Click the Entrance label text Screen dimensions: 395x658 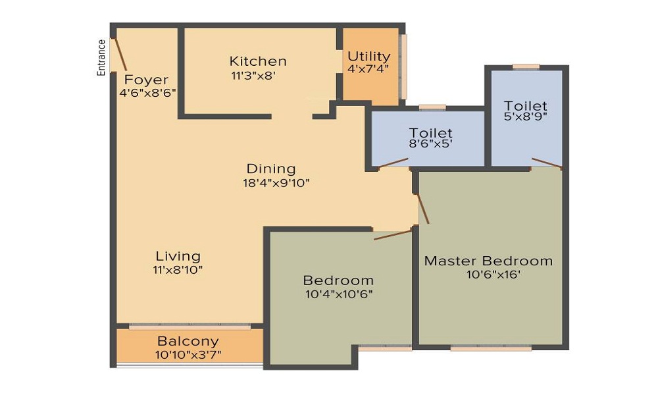[101, 58]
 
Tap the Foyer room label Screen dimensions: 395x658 [146, 80]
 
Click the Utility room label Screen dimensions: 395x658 [368, 56]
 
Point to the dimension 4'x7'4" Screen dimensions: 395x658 [368, 68]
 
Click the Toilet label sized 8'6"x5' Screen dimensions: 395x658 [430, 134]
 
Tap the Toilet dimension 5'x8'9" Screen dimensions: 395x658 [526, 118]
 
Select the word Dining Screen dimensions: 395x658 [271, 169]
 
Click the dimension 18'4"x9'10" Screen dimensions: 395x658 [276, 183]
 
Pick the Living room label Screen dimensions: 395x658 [178, 256]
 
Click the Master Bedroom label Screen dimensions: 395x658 [488, 261]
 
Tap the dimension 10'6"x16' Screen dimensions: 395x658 [492, 275]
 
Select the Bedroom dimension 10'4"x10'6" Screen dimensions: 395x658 [338, 294]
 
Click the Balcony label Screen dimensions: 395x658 [188, 342]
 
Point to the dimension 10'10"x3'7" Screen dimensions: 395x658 [188, 355]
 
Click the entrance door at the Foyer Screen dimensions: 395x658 [118, 54]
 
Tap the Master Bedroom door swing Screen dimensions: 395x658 [423, 209]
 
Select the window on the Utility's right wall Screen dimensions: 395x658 [403, 66]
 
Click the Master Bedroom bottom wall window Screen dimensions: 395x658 [490, 348]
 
